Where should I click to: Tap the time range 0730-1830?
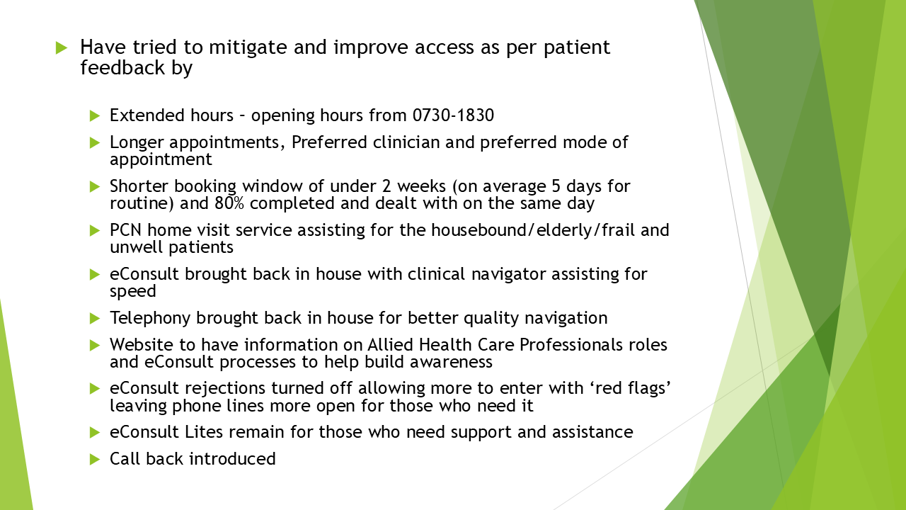click(x=453, y=115)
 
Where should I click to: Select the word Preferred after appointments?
click(x=329, y=142)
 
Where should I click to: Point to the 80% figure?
click(x=229, y=203)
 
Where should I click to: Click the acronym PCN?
click(x=125, y=230)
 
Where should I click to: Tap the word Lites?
click(x=204, y=432)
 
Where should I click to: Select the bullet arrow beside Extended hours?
click(x=95, y=116)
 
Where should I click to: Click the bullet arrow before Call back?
click(x=95, y=460)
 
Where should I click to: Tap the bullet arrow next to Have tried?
click(x=62, y=47)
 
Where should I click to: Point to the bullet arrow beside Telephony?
click(x=95, y=319)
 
